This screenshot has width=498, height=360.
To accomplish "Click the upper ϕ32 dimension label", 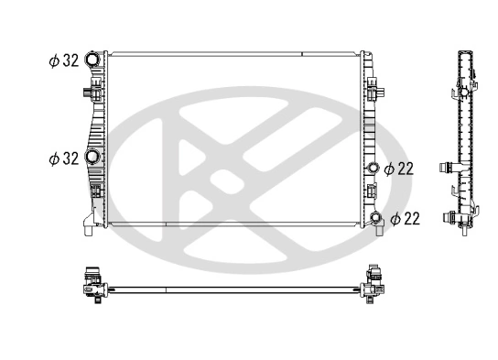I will (x=63, y=61).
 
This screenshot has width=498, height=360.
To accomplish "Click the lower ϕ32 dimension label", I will (x=63, y=158).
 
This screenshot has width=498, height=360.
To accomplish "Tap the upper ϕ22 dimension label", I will (x=401, y=169).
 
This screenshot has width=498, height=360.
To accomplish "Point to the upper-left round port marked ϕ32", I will (x=92, y=61).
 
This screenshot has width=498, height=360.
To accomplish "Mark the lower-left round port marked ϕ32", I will (x=92, y=158).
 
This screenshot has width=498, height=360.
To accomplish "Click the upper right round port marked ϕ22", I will (x=373, y=169).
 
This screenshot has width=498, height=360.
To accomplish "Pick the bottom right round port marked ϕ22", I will (x=375, y=218).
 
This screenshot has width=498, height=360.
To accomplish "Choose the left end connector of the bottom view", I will (x=92, y=279).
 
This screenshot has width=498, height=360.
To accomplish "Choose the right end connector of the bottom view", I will (x=373, y=279).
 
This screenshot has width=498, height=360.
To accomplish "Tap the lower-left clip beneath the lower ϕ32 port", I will (x=96, y=192).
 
